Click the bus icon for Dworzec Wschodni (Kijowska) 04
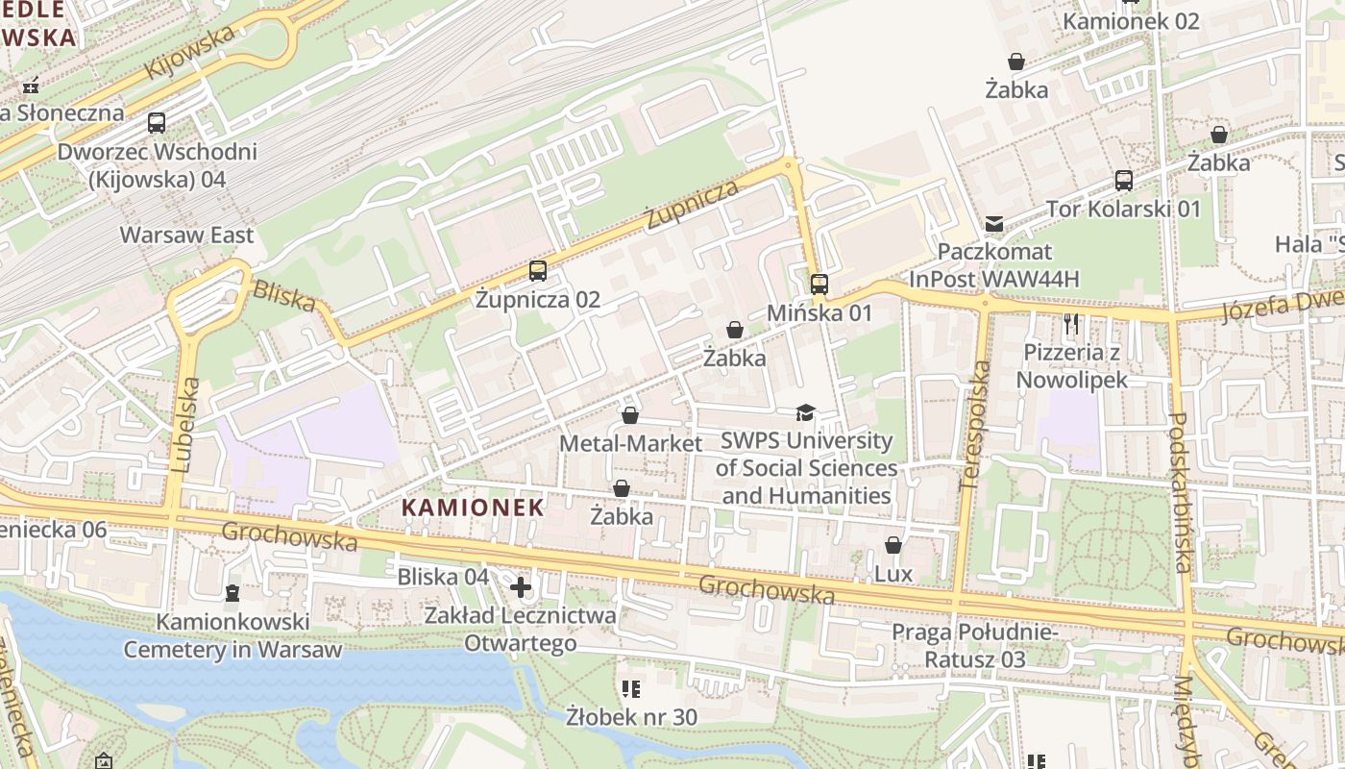pyautogui.click(x=157, y=123)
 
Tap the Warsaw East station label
pyautogui.click(x=186, y=235)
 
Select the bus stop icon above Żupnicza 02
pyautogui.click(x=538, y=271)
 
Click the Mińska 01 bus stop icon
pyautogui.click(x=819, y=284)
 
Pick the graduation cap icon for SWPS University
pyautogui.click(x=805, y=413)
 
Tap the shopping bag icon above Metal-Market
pyautogui.click(x=630, y=415)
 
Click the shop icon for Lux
pyautogui.click(x=893, y=546)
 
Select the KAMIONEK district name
pyautogui.click(x=473, y=507)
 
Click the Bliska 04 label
pyautogui.click(x=443, y=577)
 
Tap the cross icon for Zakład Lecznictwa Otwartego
pyautogui.click(x=521, y=586)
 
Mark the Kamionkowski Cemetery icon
pyautogui.click(x=232, y=593)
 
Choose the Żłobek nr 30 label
pyautogui.click(x=631, y=717)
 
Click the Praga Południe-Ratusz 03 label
pyautogui.click(x=974, y=646)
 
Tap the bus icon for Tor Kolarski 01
pyautogui.click(x=1123, y=180)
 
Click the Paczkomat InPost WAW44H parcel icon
pyautogui.click(x=994, y=224)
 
